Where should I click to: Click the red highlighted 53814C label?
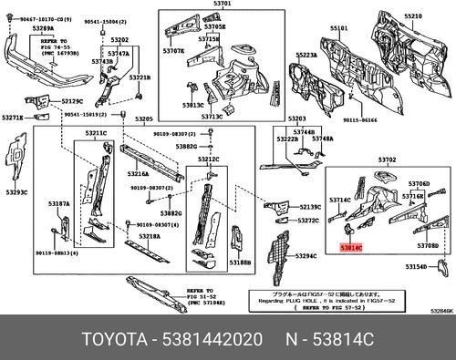tap(350, 247)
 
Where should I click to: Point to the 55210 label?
tap(413, 17)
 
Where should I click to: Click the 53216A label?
tap(138, 173)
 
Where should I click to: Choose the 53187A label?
tap(60, 205)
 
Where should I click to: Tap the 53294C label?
tap(307, 257)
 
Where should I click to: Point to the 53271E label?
tap(14, 118)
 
